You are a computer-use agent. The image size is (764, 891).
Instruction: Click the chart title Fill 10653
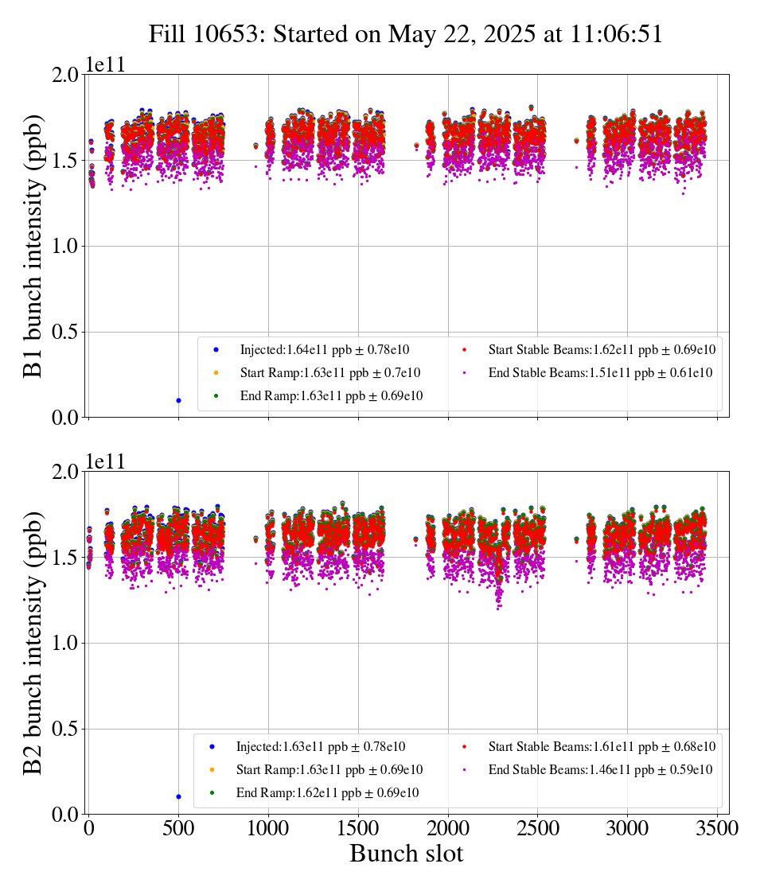tap(406, 33)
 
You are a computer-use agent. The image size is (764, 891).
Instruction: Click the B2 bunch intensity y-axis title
tap(33, 643)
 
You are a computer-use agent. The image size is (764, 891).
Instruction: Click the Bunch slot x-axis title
tap(406, 854)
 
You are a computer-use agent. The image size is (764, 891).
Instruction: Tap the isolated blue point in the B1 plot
tap(178, 400)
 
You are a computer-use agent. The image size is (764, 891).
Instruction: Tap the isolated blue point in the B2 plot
tap(178, 796)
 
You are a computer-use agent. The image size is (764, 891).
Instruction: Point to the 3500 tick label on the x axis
tap(717, 828)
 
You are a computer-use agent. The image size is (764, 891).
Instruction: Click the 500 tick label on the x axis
tap(178, 828)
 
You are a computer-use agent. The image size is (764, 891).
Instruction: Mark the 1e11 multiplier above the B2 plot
tap(106, 462)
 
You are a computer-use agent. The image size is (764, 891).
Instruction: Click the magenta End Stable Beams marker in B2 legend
tap(464, 770)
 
